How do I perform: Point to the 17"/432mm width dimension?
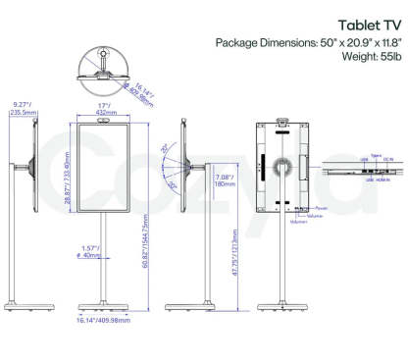(102, 108)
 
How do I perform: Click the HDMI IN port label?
(384, 180)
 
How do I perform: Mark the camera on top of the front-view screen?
(102, 118)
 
